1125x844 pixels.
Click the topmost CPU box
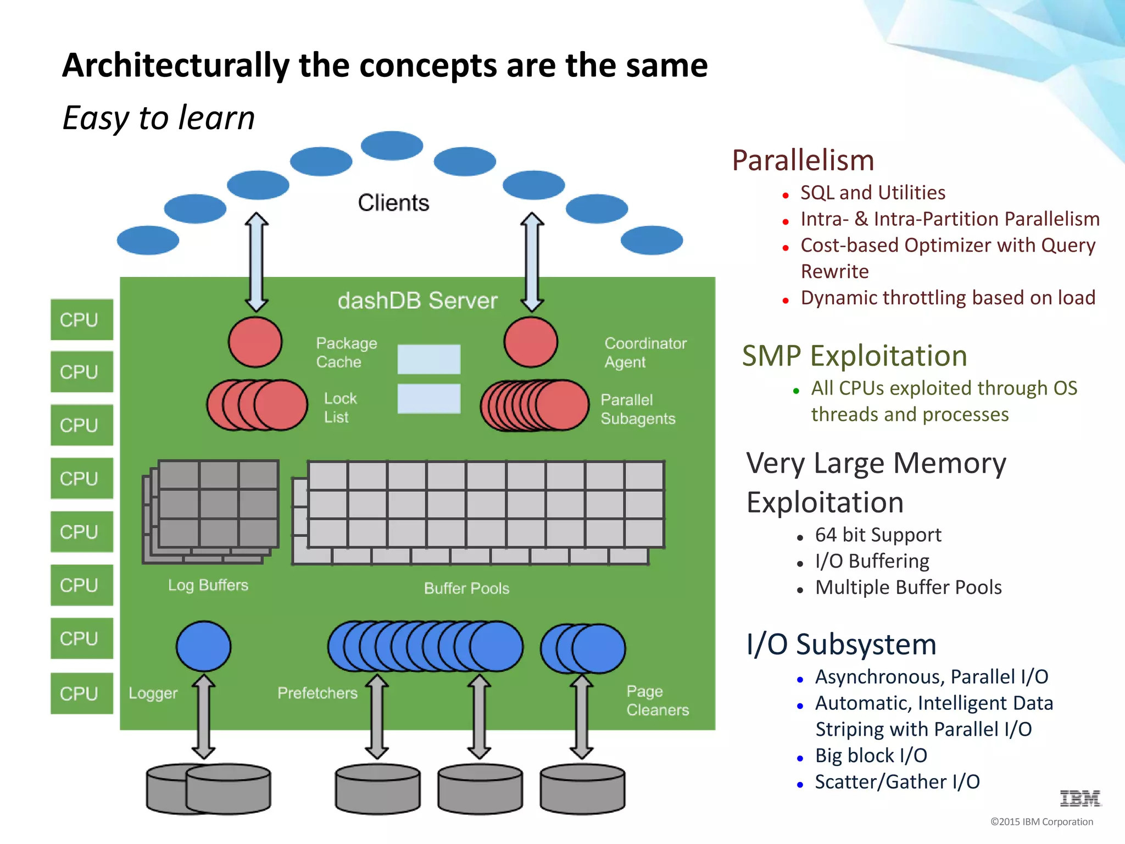coord(81,319)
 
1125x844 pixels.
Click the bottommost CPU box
coord(81,693)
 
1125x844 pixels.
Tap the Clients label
coord(393,203)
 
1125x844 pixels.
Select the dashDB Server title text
coord(417,301)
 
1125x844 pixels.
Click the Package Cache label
coord(346,352)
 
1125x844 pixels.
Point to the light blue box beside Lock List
coord(428,398)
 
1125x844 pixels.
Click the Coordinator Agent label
coord(645,352)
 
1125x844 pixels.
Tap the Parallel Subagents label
coord(637,409)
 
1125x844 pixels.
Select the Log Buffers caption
coord(208,585)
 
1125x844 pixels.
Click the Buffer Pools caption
coord(466,588)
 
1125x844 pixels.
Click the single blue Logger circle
coord(203,646)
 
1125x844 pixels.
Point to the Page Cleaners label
coord(657,700)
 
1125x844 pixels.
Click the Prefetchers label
coord(317,693)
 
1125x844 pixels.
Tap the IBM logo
coord(1080,798)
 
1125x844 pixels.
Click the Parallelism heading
coord(803,160)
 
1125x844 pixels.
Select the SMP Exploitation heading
coord(854,356)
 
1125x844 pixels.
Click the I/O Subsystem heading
coord(841,644)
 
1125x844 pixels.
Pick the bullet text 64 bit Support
coord(878,535)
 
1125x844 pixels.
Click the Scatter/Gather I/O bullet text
coord(897,781)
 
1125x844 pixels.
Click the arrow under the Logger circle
coord(203,717)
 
